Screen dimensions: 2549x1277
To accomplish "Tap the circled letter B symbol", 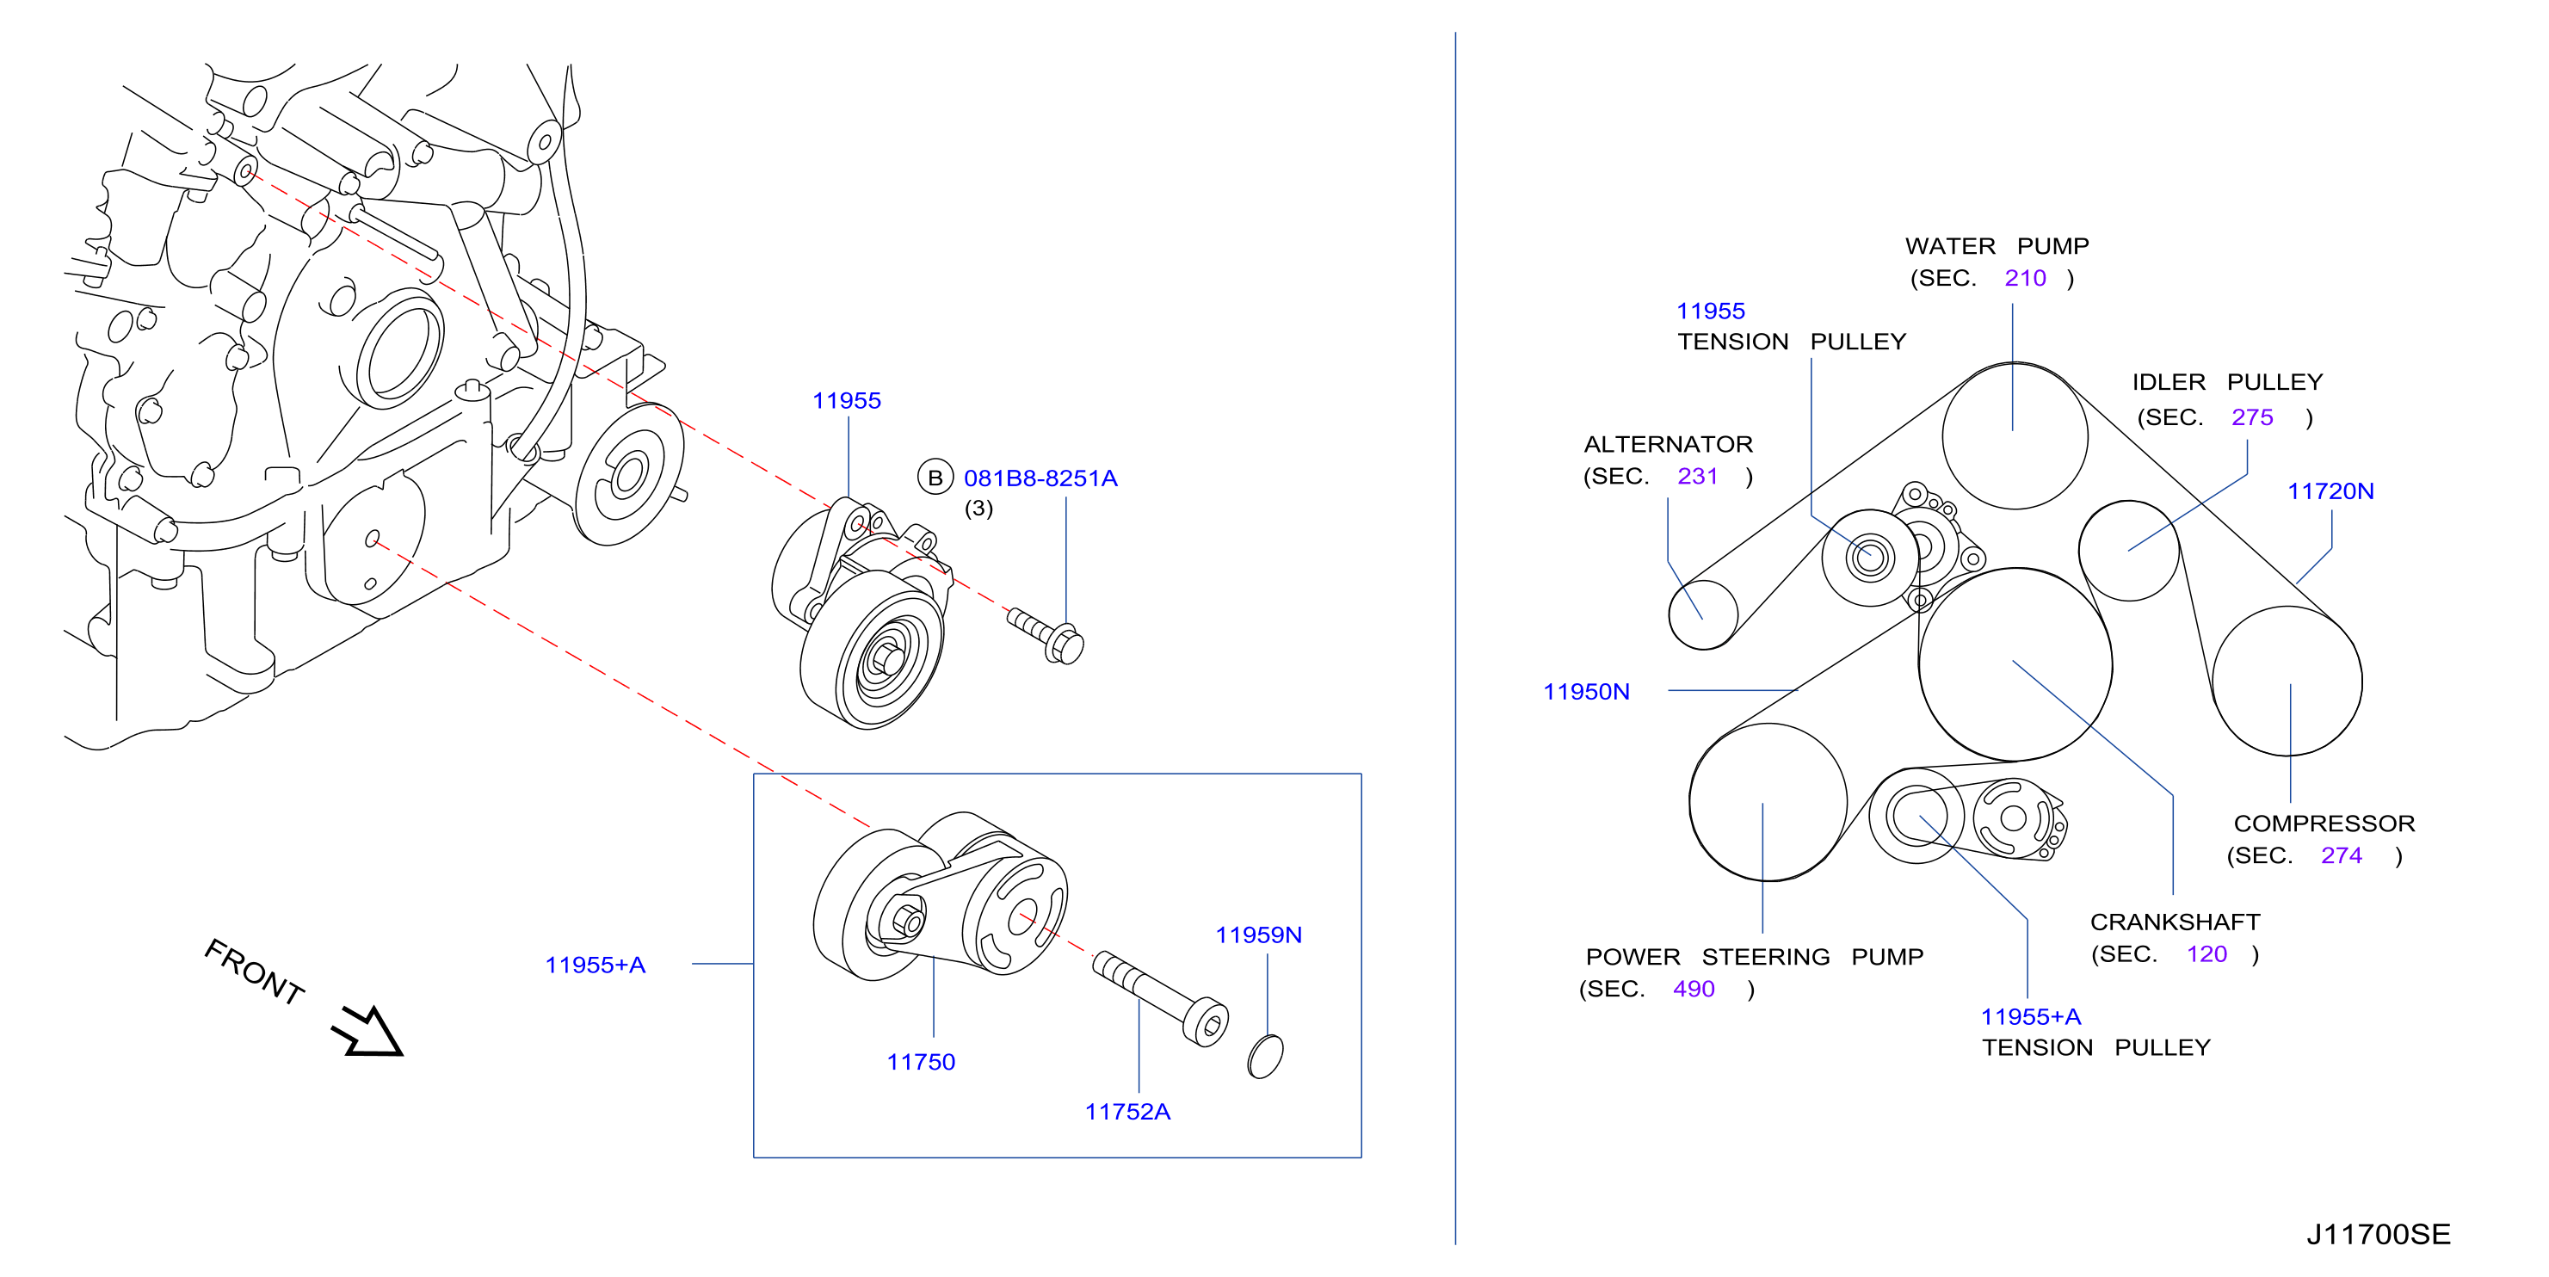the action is (934, 478).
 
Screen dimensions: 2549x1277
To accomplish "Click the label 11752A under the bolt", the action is (1127, 1112).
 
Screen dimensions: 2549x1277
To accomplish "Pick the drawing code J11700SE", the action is (2378, 1235).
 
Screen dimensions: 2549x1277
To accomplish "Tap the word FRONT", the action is (255, 972).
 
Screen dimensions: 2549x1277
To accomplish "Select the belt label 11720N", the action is (2330, 491).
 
